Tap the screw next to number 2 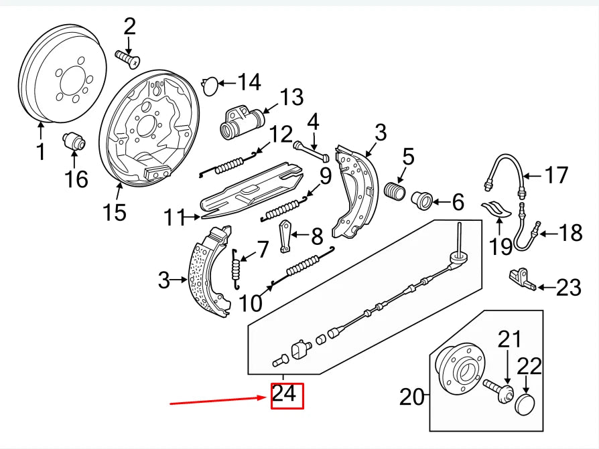click(127, 58)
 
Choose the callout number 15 click(114, 212)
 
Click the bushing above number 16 click(74, 141)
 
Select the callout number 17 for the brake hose click(555, 176)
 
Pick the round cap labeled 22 click(524, 404)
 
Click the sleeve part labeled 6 click(424, 199)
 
